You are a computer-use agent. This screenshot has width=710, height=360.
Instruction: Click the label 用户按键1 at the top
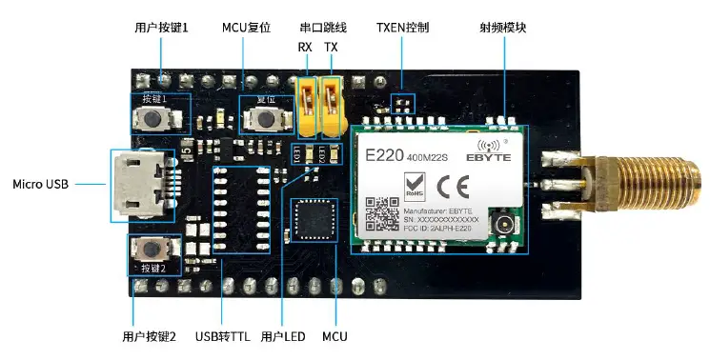161,28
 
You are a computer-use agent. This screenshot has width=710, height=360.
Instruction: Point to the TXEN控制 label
402,28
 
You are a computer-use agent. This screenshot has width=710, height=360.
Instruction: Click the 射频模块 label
502,28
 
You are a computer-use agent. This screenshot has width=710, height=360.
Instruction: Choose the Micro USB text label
40,183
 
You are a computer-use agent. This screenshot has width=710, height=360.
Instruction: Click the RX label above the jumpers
305,47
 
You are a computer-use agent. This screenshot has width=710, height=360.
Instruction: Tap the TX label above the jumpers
331,47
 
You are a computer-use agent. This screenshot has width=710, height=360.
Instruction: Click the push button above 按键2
152,248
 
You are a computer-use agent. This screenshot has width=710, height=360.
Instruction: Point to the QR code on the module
382,212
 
